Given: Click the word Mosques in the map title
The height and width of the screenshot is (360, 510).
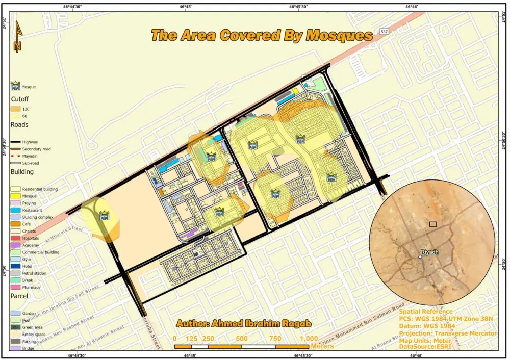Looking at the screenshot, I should (339, 36).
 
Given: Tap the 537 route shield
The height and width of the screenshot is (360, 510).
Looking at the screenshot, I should (384, 32).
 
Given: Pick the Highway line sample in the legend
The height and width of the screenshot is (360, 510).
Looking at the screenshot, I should (16, 142).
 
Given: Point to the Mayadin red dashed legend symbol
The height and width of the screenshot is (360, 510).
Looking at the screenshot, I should (16, 156).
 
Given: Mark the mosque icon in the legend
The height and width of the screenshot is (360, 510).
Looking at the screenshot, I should (16, 86).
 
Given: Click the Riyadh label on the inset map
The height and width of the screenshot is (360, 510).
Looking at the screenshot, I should (430, 252).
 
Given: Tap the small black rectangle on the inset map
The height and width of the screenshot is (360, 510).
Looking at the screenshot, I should (433, 224).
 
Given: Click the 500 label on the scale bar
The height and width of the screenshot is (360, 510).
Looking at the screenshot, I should (242, 339).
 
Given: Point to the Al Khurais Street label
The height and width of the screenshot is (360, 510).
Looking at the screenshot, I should (63, 234).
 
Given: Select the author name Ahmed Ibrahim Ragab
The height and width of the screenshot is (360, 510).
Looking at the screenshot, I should (244, 324).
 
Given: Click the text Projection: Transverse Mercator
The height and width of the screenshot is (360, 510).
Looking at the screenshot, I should (448, 333).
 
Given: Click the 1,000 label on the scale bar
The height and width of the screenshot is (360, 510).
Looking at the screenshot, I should (309, 339).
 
